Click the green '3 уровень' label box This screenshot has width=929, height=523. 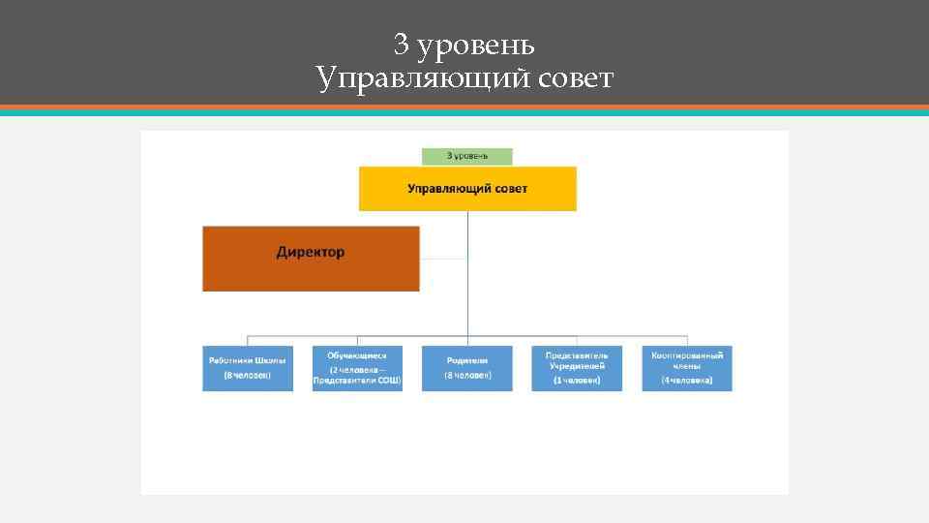466,156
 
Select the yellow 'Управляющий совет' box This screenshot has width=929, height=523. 467,188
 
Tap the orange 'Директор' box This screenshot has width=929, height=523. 311,259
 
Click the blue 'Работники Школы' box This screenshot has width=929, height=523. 248,368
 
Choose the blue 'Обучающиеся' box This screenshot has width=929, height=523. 357,368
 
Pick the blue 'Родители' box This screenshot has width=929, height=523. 467,368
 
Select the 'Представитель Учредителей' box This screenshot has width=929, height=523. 577,368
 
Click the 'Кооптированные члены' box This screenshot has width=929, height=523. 687,368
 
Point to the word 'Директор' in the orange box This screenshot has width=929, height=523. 311,253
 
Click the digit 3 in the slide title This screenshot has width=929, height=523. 402,45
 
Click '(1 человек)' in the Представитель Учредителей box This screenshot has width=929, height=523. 577,382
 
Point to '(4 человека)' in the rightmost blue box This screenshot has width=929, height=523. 687,382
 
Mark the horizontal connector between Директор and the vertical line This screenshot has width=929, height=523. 444,259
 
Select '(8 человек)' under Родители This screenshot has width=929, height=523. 467,375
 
